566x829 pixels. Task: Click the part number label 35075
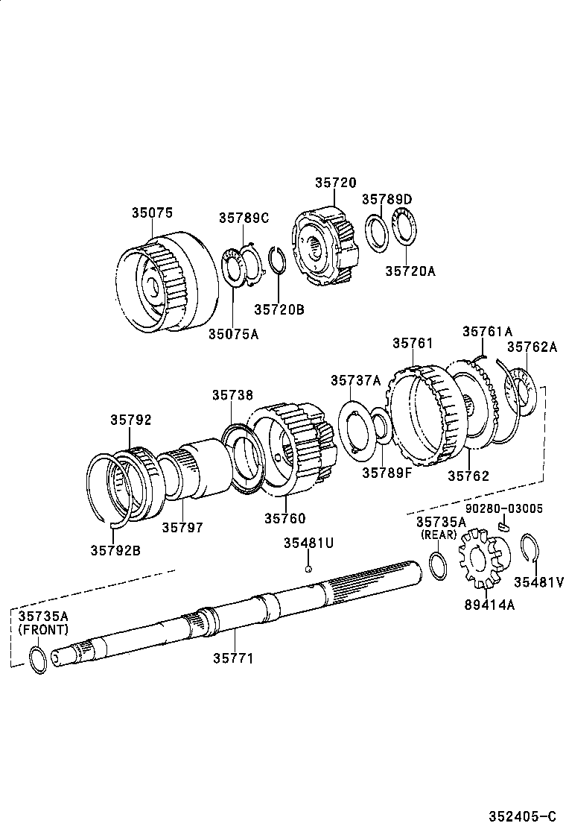pyautogui.click(x=152, y=212)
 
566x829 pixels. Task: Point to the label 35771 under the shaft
pyautogui.click(x=233, y=658)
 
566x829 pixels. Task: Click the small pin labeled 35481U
pyautogui.click(x=308, y=569)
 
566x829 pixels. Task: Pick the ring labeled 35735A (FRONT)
pyautogui.click(x=37, y=660)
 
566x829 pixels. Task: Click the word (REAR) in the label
pyautogui.click(x=439, y=535)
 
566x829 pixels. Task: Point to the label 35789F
pyautogui.click(x=387, y=472)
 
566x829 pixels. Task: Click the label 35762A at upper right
pyautogui.click(x=532, y=347)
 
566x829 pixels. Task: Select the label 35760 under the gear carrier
pyautogui.click(x=284, y=518)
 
